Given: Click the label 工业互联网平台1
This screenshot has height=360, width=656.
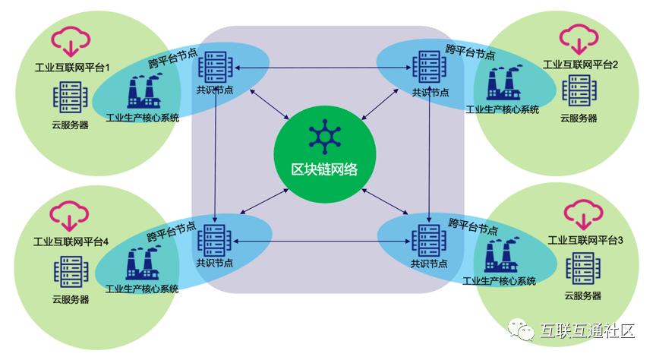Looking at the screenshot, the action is click(x=72, y=68).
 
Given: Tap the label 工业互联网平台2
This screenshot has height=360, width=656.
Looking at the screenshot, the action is click(x=580, y=65).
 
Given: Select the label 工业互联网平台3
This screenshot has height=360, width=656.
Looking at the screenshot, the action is click(x=585, y=240).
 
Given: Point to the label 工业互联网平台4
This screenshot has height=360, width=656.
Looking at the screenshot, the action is click(x=71, y=242).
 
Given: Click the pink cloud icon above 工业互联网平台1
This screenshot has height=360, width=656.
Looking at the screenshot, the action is click(x=71, y=41).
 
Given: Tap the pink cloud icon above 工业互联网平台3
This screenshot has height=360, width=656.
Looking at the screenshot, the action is click(x=584, y=215).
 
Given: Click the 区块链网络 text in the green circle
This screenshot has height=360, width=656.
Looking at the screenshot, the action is click(x=325, y=169).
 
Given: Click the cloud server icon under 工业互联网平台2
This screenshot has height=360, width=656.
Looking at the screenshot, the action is click(x=579, y=90).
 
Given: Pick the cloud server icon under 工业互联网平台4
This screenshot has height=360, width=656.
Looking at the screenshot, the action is click(x=71, y=272).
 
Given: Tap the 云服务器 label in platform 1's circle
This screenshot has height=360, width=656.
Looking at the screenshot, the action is click(x=71, y=125).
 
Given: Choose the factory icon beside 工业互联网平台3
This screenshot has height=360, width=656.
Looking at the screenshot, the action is click(x=502, y=255).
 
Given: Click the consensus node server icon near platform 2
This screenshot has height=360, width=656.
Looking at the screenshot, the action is click(x=429, y=67).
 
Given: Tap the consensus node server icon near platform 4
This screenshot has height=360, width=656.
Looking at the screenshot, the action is click(x=215, y=240).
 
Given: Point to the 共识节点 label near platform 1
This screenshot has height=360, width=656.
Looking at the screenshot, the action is click(x=215, y=90).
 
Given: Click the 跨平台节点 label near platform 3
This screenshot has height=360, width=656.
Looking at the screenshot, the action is click(x=473, y=226).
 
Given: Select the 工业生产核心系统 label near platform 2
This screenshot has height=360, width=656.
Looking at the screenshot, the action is click(x=503, y=109).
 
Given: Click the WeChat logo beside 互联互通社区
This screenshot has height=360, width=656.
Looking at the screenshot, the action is click(x=522, y=330).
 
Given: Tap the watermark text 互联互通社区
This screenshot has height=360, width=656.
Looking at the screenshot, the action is click(x=588, y=330).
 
